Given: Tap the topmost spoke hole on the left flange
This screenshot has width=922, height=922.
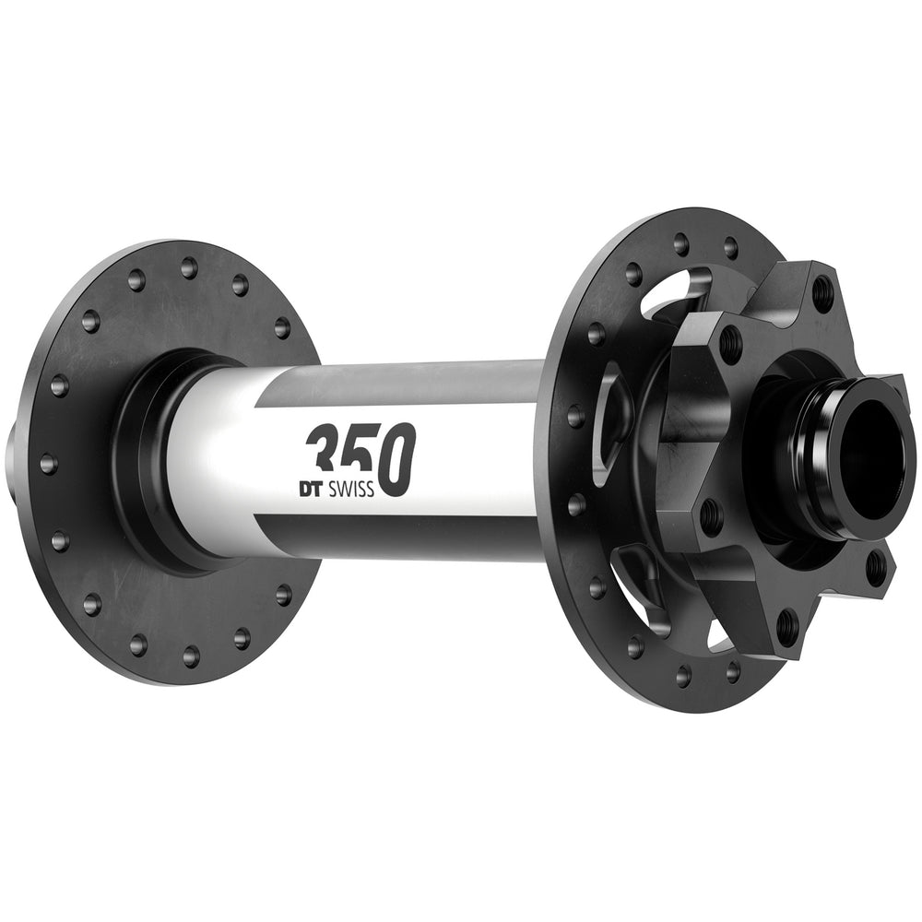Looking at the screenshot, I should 189,268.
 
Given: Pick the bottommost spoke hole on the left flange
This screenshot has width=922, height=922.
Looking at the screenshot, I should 191,656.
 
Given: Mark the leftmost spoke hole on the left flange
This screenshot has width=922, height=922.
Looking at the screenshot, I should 48,463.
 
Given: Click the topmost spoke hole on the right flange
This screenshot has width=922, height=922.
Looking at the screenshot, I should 681,243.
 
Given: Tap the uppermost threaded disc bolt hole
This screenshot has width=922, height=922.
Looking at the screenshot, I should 822,292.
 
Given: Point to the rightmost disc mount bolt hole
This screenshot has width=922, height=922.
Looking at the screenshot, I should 875,565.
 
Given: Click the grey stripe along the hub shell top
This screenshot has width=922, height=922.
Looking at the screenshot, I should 406,380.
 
